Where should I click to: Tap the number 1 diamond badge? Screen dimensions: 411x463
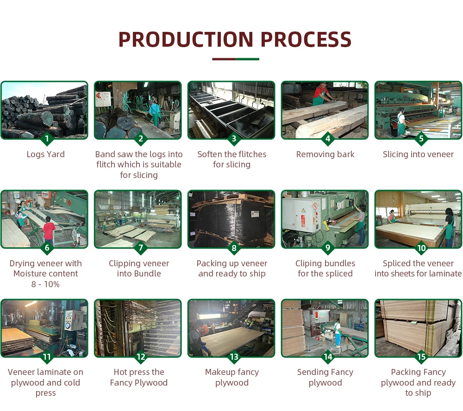tap(45, 139)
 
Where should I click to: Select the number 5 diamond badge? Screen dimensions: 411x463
tap(421, 139)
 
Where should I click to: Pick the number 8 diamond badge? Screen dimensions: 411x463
tap(234, 248)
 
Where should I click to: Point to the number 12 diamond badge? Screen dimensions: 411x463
tap(141, 357)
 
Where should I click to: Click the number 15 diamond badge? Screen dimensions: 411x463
tap(421, 357)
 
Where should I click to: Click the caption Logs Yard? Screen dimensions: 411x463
tap(45, 154)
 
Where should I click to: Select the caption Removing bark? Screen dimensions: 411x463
tap(325, 154)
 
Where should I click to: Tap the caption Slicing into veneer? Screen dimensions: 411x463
tap(418, 154)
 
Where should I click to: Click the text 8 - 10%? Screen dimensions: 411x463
tap(45, 284)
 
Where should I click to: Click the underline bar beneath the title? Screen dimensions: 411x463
tap(235, 59)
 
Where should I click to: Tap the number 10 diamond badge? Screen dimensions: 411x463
tap(421, 248)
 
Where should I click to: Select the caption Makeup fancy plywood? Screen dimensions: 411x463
tap(232, 377)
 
